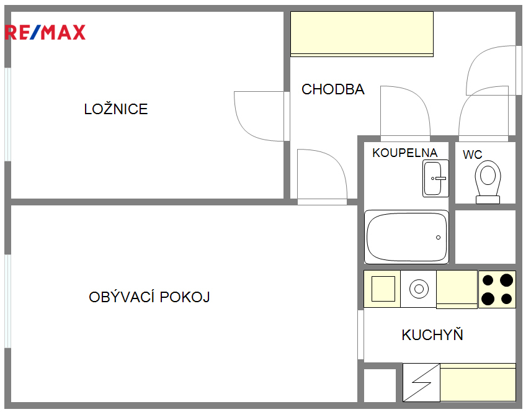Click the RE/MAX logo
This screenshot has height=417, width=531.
pos(45,32)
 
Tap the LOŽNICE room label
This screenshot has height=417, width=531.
pos(116,109)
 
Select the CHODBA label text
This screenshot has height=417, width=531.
pos(333,89)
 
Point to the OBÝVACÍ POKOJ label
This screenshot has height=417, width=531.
pos(149,297)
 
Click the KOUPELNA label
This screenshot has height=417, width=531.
pos(404,153)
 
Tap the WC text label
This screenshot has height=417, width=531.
pos(473,155)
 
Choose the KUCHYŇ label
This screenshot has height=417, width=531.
pos(432,334)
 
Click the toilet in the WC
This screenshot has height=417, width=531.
pos(488,182)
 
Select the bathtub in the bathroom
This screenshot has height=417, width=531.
pos(406,237)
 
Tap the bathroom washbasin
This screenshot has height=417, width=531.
pos(435,179)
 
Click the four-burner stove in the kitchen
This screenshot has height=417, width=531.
pos(497,289)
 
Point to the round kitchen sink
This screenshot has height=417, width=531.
pos(419,289)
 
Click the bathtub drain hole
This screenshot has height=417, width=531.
pos(438,238)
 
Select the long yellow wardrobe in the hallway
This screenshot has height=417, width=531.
pos(362,34)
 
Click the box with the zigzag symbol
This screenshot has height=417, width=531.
pos(421,382)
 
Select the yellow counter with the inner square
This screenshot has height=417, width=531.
pos(382,289)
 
